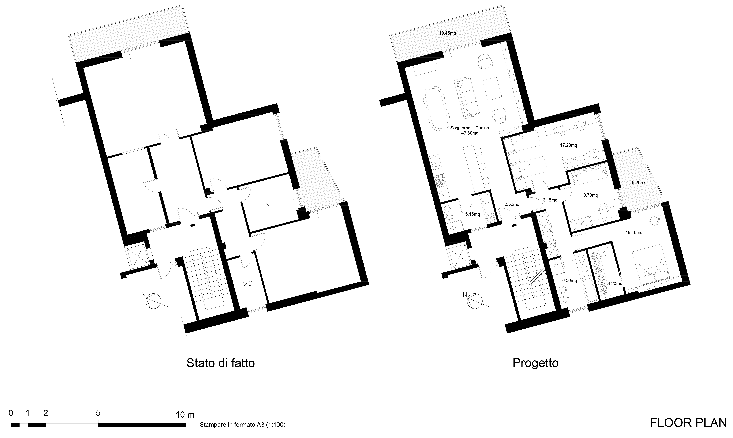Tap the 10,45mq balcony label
click(448, 33)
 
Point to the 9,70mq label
click(582, 195)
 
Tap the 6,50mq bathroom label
click(569, 281)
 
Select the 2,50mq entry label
click(512, 204)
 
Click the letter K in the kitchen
click(267, 204)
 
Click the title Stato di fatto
click(220, 363)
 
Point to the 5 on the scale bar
click(98, 413)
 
